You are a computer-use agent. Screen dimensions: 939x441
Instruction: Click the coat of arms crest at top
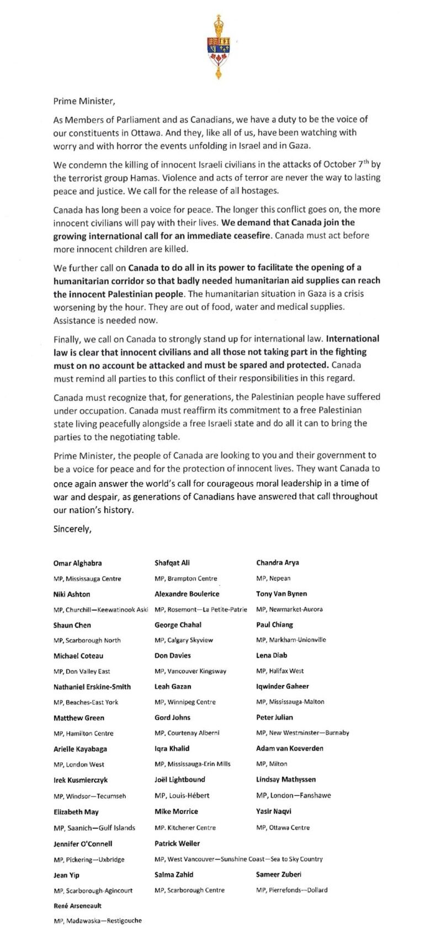220,46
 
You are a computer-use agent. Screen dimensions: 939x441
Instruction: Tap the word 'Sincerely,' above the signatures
72,529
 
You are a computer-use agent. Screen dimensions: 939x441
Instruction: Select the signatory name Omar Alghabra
77,563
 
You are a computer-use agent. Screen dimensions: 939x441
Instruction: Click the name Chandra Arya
278,563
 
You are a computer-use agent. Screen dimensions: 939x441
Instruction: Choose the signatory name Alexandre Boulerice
187,594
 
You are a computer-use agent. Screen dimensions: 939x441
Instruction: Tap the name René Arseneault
77,906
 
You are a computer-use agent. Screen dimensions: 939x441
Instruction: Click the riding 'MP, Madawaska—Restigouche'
98,921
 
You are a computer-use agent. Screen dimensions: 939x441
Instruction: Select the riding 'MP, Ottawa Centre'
283,827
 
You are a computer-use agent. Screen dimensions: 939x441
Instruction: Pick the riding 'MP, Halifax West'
280,671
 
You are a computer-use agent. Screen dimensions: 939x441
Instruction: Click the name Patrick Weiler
177,843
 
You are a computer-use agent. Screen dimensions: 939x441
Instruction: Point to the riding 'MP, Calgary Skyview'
184,640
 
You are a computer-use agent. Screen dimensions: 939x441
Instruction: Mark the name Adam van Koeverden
290,748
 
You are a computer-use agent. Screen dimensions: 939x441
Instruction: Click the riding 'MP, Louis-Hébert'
182,795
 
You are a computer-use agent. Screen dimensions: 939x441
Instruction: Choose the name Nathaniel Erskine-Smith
92,687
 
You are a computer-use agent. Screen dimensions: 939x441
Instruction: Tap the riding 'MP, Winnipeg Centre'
185,702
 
